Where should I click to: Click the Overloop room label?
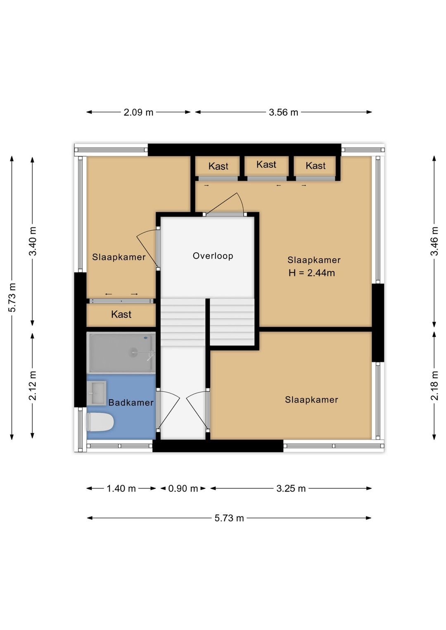click(213, 256)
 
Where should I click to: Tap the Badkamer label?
click(131, 403)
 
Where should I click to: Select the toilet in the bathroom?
click(100, 422)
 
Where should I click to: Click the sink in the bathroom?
click(97, 393)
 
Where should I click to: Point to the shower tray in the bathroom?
click(121, 353)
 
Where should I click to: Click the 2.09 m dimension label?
click(138, 112)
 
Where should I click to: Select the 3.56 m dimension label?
click(283, 112)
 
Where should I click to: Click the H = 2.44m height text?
click(312, 273)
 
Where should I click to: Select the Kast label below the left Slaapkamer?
click(121, 314)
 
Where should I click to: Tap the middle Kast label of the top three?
click(266, 164)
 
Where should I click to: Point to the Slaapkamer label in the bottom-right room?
click(311, 400)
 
